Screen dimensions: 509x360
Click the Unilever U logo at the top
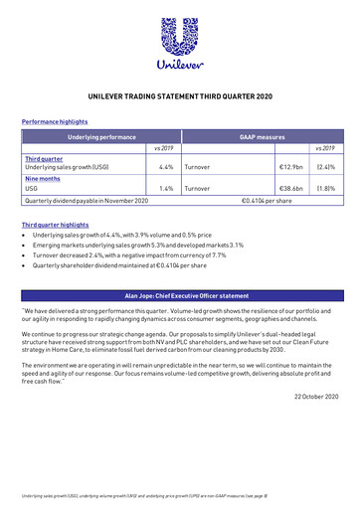180,37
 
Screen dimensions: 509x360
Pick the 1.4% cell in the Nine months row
166,187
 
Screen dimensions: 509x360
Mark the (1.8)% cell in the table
325,187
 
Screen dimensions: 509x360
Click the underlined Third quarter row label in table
43,158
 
